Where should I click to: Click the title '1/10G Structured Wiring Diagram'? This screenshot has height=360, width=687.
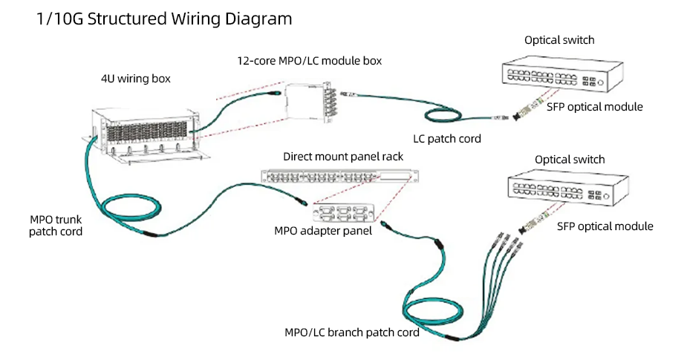pyautogui.click(x=164, y=19)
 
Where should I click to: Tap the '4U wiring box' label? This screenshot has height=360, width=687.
pyautogui.click(x=136, y=79)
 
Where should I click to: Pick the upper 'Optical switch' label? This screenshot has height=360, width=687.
pyautogui.click(x=559, y=40)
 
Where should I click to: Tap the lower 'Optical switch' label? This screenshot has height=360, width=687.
pyautogui.click(x=570, y=160)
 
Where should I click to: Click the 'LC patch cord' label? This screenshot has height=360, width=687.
pyautogui.click(x=446, y=138)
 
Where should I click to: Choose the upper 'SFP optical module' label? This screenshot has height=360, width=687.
pyautogui.click(x=594, y=107)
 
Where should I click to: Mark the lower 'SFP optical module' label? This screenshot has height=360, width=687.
pyautogui.click(x=605, y=226)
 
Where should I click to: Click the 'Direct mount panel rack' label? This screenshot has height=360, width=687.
pyautogui.click(x=343, y=157)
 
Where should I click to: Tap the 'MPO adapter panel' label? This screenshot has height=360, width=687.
pyautogui.click(x=323, y=230)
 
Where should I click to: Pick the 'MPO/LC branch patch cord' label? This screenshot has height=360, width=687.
pyautogui.click(x=352, y=333)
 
